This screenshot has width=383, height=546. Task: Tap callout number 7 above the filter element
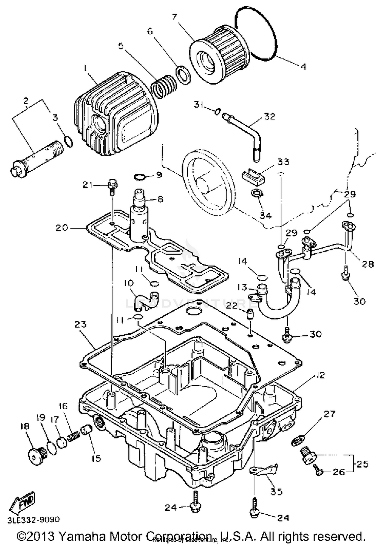(174, 17)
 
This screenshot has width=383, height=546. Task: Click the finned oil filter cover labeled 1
(115, 115)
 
